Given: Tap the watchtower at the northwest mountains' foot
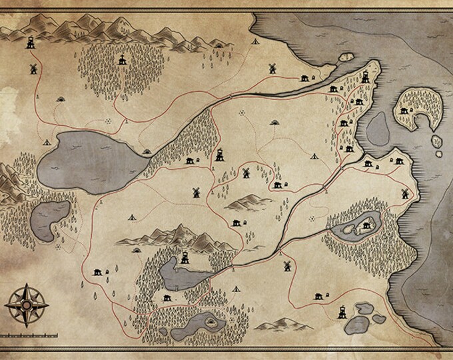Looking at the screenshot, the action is (x=31, y=43).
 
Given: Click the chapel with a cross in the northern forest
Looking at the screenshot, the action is (x=121, y=61).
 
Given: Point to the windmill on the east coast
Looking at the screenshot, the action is (x=402, y=192).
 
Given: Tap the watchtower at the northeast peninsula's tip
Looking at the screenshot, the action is (x=365, y=76).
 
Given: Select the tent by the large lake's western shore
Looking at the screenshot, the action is (x=47, y=142).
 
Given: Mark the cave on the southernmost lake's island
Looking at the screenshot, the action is (x=212, y=321).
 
